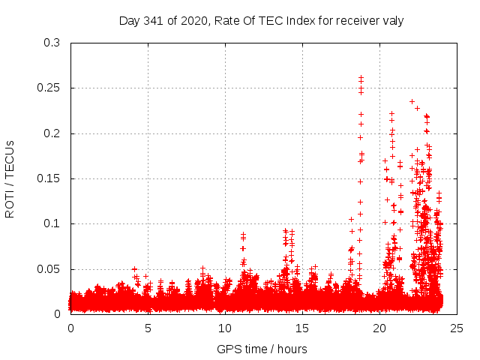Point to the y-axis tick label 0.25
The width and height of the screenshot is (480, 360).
(47, 88)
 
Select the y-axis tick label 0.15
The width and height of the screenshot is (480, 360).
(47, 178)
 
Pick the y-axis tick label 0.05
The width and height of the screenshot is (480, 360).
(47, 268)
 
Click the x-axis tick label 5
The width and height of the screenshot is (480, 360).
(148, 328)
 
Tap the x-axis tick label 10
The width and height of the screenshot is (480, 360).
(225, 328)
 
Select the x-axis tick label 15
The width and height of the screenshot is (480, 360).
(302, 328)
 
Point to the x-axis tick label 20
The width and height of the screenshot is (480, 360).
(379, 328)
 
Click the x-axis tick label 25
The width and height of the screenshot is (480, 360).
(457, 328)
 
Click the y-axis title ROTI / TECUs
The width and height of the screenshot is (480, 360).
(10, 178)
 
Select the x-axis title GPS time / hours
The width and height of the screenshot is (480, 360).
(262, 349)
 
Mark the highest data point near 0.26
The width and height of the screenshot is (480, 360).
(361, 76)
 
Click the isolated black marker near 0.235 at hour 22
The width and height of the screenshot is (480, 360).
(412, 101)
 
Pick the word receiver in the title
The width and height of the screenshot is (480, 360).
(358, 20)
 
